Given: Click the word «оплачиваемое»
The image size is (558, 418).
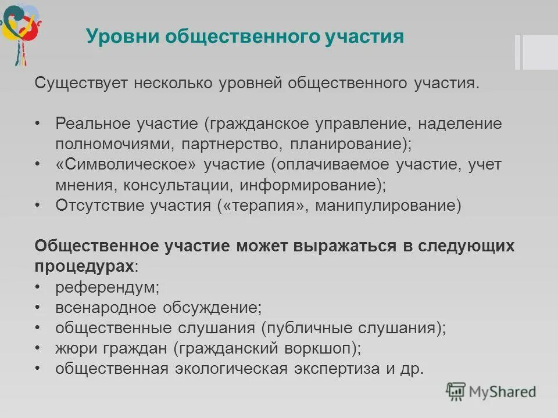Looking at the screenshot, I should (x=331, y=165).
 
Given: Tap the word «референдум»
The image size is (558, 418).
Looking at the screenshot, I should (x=107, y=287).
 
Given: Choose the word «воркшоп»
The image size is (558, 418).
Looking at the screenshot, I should (x=323, y=349).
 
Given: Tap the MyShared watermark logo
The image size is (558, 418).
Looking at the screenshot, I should (x=491, y=391).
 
